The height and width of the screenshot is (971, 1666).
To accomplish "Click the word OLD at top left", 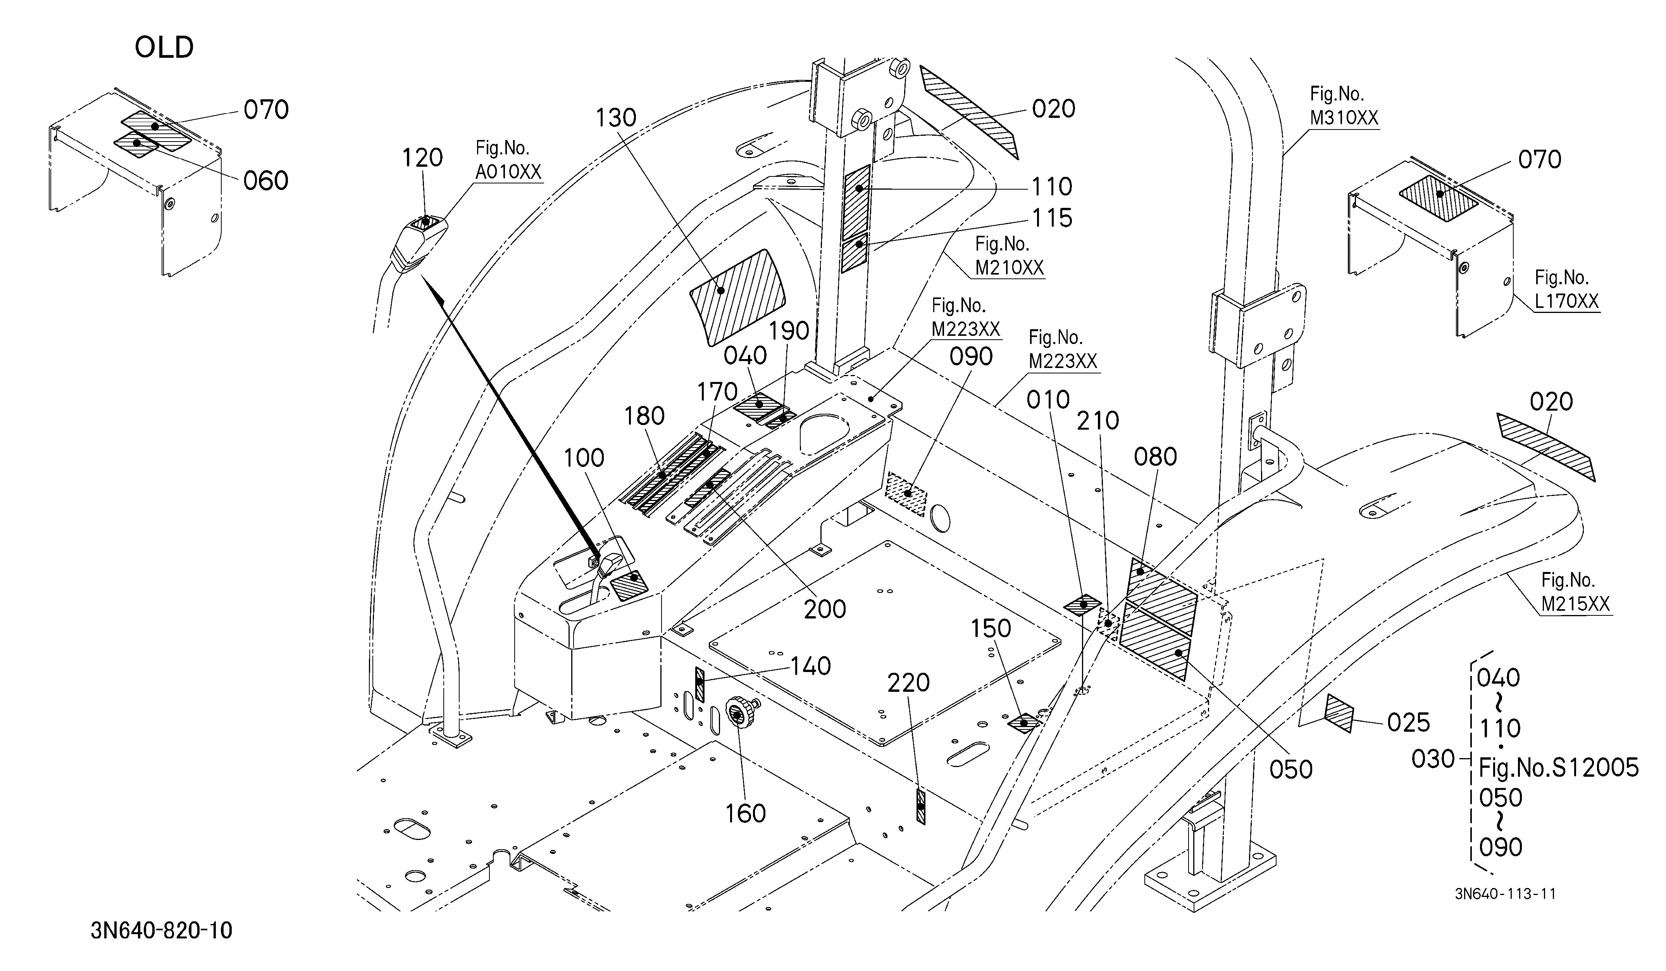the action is tap(164, 48).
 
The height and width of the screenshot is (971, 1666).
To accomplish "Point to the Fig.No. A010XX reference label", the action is tap(508, 161).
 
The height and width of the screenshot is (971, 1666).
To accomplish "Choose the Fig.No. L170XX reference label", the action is tap(1566, 289).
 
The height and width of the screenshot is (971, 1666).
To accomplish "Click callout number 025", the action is tap(1408, 723).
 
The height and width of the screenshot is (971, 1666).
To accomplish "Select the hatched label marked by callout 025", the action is tap(1339, 714).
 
